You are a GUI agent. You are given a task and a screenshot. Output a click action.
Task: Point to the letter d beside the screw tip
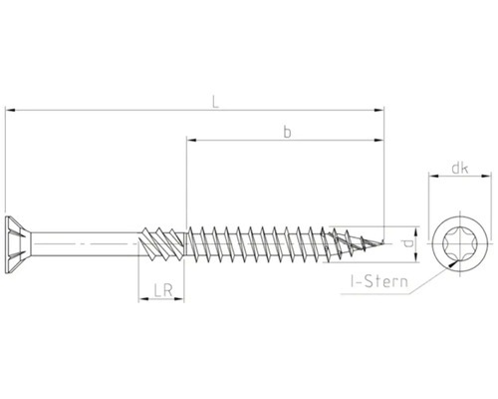(x=410, y=240)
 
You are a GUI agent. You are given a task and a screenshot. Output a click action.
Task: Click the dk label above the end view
(x=459, y=169)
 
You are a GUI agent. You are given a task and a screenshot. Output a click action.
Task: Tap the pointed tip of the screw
(x=382, y=240)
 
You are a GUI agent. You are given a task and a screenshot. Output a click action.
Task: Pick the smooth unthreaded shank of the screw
(x=90, y=240)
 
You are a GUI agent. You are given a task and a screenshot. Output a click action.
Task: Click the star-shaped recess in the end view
(x=459, y=240)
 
